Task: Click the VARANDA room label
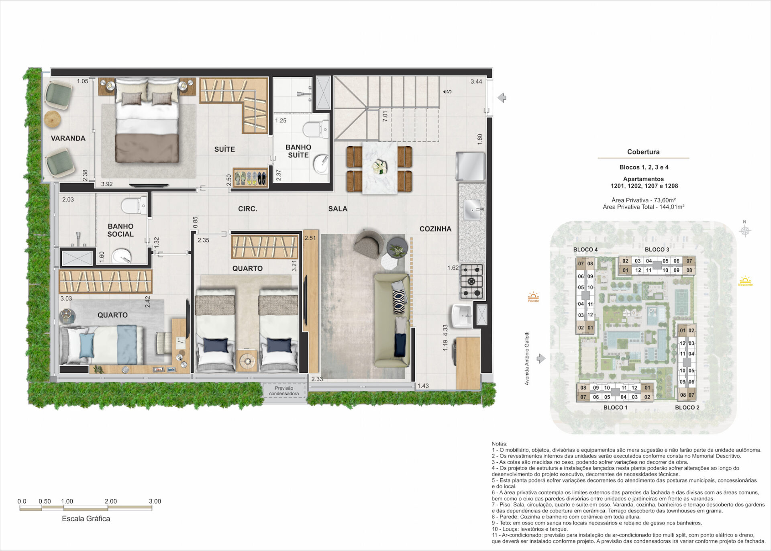pyautogui.click(x=68, y=138)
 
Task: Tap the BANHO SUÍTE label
pyautogui.click(x=298, y=151)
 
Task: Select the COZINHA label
pyautogui.click(x=435, y=229)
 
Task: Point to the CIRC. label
pyautogui.click(x=247, y=209)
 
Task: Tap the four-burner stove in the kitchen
pyautogui.click(x=471, y=281)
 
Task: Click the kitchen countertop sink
pyautogui.click(x=472, y=210)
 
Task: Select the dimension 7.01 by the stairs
pyautogui.click(x=385, y=116)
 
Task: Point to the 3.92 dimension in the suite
pyautogui.click(x=107, y=184)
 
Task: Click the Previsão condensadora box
pyautogui.click(x=284, y=391)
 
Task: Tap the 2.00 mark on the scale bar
pyautogui.click(x=110, y=501)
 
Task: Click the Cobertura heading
pyautogui.click(x=643, y=152)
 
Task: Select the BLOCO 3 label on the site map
pyautogui.click(x=657, y=249)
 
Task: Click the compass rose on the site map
pyautogui.click(x=745, y=231)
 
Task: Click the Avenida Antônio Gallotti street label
pyautogui.click(x=527, y=358)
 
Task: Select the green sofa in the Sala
pyautogui.click(x=392, y=320)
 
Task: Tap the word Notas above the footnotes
pyautogui.click(x=500, y=444)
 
